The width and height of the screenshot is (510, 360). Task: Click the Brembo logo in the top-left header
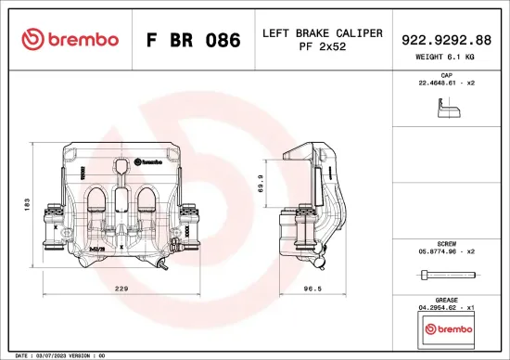click(70, 40)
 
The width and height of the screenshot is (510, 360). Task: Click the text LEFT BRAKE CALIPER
click(323, 33)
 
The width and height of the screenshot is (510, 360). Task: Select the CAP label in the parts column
click(445, 74)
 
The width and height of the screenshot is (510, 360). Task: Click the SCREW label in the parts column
click(445, 240)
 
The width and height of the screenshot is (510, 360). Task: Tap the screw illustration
click(448, 275)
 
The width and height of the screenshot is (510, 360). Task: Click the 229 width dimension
click(120, 289)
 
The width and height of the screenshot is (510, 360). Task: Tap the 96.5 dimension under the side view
click(313, 289)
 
